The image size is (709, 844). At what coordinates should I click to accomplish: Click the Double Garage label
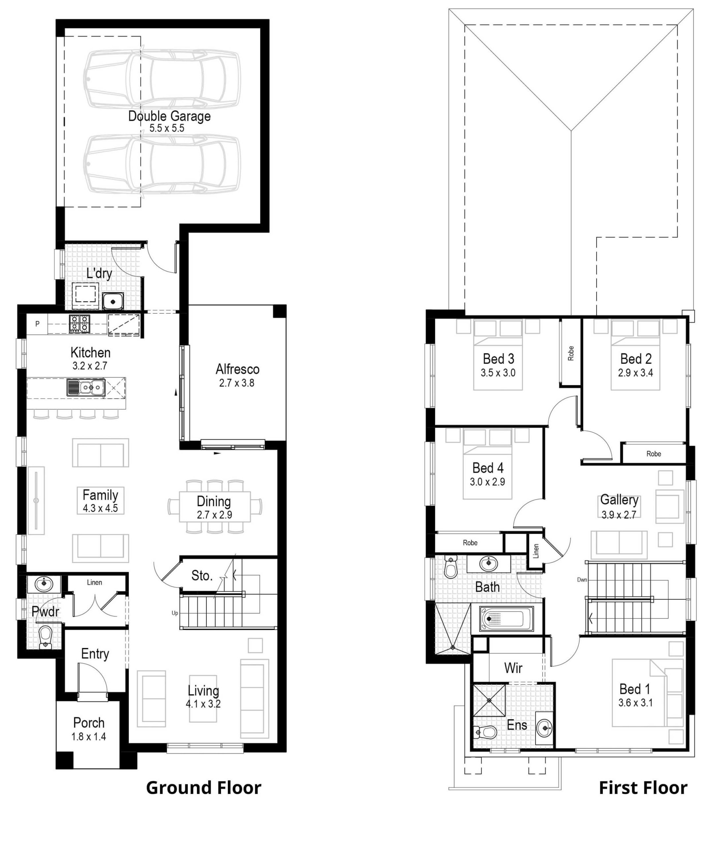(x=169, y=116)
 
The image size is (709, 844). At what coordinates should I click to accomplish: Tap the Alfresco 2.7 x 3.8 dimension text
(x=237, y=383)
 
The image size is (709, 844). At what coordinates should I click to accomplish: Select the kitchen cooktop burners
(x=79, y=323)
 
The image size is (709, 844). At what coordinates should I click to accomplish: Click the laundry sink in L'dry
(x=113, y=301)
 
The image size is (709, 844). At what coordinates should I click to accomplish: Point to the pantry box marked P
(x=37, y=324)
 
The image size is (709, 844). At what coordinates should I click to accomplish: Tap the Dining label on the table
(x=214, y=501)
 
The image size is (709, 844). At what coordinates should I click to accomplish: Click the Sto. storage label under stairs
(x=202, y=576)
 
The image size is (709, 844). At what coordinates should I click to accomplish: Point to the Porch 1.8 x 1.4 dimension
(x=89, y=736)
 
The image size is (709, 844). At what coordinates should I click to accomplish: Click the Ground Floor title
(x=203, y=788)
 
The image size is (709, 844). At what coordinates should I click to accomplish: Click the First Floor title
(x=643, y=788)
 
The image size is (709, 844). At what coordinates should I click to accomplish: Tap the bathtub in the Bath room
(x=507, y=618)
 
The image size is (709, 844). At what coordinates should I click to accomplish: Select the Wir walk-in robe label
(x=513, y=668)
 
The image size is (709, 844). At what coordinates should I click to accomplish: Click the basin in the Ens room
(x=545, y=727)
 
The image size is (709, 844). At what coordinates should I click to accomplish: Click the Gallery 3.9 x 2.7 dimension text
(x=619, y=515)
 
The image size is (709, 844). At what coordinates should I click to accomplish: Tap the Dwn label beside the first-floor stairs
(x=582, y=580)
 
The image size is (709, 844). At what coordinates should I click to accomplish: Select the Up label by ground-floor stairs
(x=175, y=613)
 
